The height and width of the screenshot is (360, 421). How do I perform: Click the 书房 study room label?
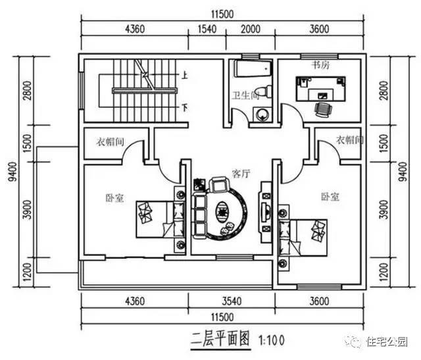click(x=320, y=65)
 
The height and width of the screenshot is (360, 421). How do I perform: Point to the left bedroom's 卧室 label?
click(x=114, y=197)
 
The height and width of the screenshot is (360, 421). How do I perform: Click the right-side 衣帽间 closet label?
click(x=349, y=140)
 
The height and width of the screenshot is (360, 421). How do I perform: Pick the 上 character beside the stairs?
click(x=186, y=76)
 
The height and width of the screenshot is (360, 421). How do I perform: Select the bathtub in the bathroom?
click(x=251, y=70)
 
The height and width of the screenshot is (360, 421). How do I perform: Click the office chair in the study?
click(x=322, y=108)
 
